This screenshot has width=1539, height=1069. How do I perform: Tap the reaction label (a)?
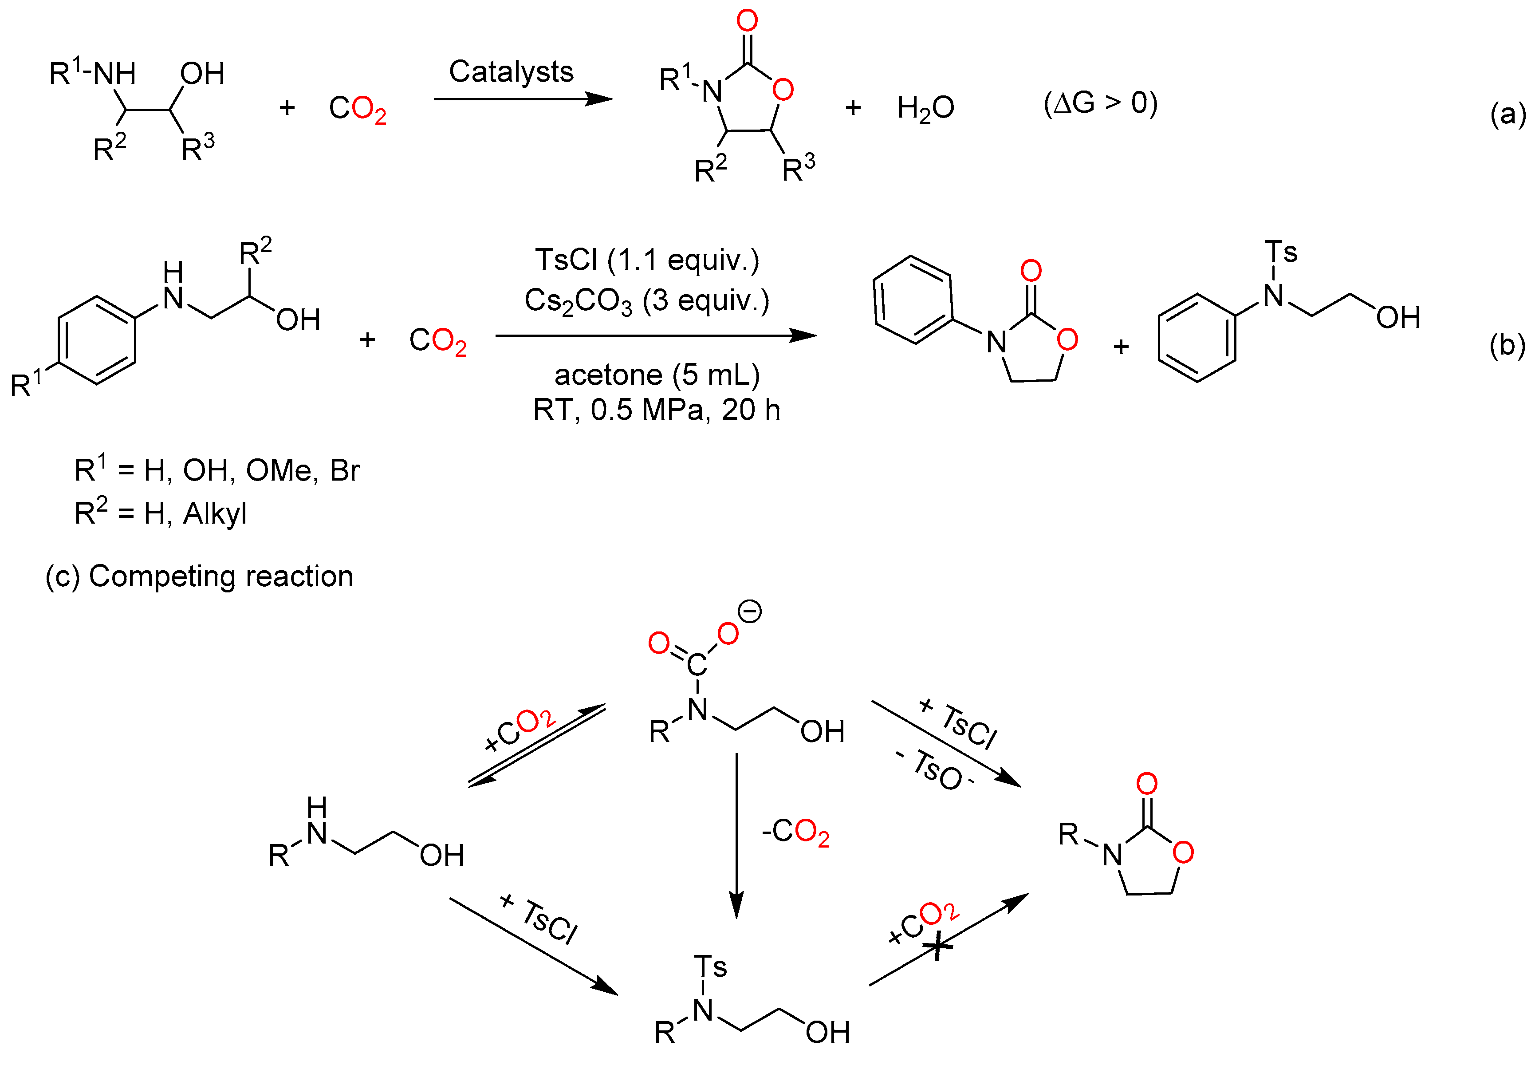(x=1508, y=114)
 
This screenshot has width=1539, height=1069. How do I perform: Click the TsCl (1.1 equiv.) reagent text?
(x=647, y=260)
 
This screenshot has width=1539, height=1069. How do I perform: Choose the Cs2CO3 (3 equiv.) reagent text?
(x=647, y=301)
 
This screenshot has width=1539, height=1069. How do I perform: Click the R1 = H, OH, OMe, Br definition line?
(x=217, y=470)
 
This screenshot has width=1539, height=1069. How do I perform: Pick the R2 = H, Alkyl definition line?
(x=161, y=513)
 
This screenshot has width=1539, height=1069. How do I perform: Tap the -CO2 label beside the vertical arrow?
(x=795, y=832)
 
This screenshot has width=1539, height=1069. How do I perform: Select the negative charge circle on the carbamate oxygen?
(x=750, y=611)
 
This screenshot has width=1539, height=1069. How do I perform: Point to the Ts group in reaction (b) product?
(x=1280, y=252)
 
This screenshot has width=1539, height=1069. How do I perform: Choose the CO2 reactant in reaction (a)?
(x=357, y=109)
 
